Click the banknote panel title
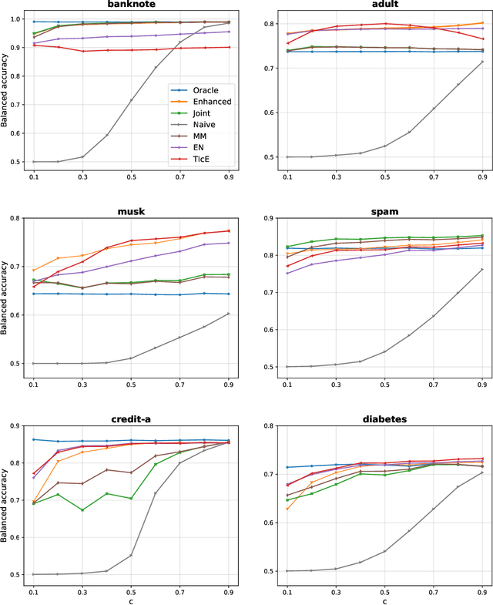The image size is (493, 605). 132,5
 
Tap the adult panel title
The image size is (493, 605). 384,5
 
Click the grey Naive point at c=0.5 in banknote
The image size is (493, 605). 132,100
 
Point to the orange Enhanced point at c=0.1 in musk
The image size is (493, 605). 33,271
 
